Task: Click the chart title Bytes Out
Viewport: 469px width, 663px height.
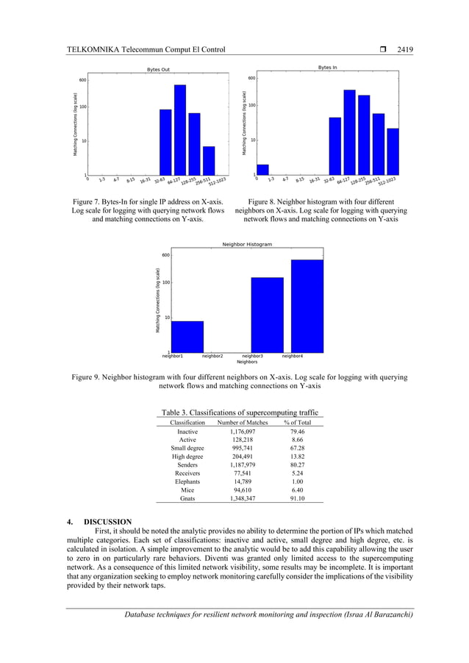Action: tap(160, 70)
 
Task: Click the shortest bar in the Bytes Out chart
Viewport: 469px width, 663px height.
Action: tap(209, 160)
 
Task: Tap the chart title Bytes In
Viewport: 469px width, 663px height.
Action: tap(327, 68)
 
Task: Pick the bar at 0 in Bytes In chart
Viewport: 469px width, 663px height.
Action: tap(262, 168)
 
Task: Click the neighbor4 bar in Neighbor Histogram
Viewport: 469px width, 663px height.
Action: tap(307, 305)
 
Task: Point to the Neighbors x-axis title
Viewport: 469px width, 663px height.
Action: tap(247, 362)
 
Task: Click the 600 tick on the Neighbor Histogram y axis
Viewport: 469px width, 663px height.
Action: tap(165, 255)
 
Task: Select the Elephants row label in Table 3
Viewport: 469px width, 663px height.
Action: tap(187, 481)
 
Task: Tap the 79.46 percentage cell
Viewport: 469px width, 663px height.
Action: tap(297, 431)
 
